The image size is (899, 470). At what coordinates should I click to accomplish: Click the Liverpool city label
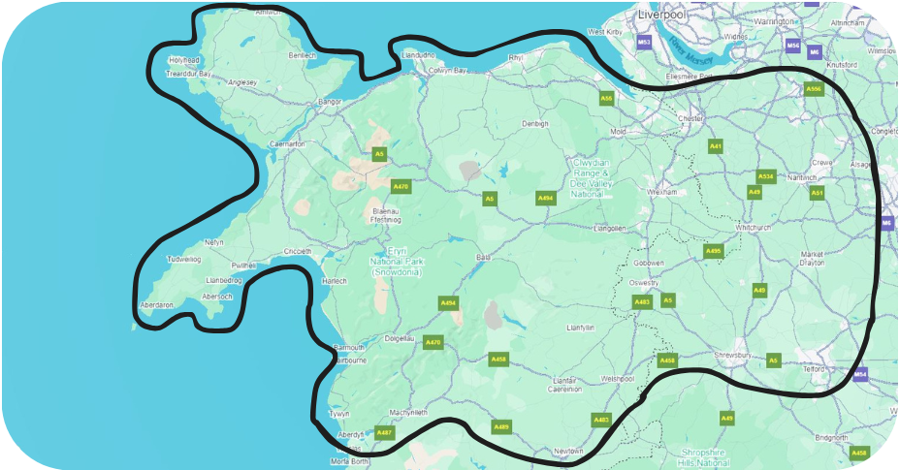point(661,15)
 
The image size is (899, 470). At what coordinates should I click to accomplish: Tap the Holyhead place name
point(183,60)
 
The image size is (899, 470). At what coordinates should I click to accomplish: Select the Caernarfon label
point(286,143)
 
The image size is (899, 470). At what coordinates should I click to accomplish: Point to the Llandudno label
point(420,55)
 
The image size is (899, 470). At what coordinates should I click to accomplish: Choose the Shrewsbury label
point(733,356)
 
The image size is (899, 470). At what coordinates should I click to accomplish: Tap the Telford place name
point(813,369)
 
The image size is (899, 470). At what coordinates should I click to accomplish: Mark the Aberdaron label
point(157,304)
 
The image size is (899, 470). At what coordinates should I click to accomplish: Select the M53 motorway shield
point(645,43)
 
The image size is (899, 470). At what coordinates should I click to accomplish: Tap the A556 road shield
point(814,89)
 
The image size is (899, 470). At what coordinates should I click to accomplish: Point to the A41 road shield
point(716,146)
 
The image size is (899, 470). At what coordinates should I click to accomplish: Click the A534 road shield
point(766,176)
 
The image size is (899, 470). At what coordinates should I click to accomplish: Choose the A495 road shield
point(714,251)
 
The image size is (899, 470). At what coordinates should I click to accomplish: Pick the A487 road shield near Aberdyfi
point(384,432)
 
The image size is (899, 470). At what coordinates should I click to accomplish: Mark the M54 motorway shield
point(860,374)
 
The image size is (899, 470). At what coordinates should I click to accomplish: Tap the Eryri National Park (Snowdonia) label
point(396,261)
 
